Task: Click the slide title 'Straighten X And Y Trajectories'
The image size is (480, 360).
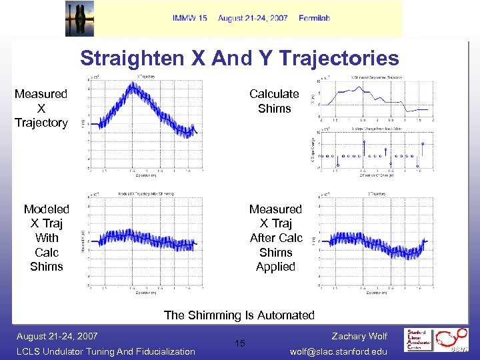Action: click(239, 58)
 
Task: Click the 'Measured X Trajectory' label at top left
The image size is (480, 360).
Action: click(41, 108)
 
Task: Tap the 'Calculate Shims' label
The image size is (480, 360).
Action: click(274, 101)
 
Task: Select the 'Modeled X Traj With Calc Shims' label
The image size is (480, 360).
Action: click(47, 238)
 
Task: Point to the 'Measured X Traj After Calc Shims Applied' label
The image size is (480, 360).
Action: click(275, 238)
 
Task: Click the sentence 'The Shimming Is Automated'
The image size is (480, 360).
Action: click(239, 315)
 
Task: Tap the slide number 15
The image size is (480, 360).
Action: click(239, 343)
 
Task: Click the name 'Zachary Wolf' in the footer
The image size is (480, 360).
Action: click(359, 336)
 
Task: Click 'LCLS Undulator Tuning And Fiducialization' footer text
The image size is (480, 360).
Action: click(105, 351)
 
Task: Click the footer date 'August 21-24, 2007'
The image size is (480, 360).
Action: click(57, 336)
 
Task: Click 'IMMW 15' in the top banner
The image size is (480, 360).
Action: click(189, 18)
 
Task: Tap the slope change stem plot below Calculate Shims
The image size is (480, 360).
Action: click(380, 155)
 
